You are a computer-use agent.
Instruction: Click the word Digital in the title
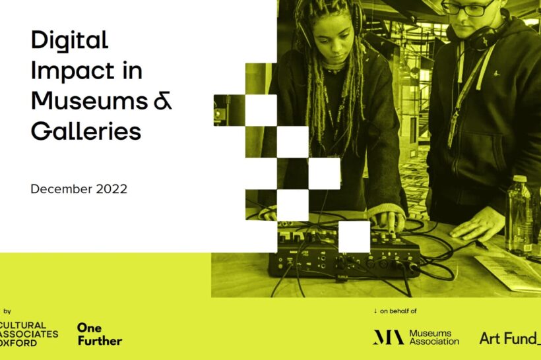[70, 41]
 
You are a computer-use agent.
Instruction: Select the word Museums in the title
[89, 101]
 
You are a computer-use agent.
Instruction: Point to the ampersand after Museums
[163, 102]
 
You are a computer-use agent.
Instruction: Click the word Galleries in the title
[86, 131]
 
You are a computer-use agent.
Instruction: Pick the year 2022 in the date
[111, 189]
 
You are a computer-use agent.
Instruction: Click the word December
[61, 189]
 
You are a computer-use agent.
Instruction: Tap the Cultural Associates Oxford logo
[28, 334]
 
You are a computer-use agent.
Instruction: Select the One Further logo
[100, 334]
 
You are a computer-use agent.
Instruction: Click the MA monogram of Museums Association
[389, 337]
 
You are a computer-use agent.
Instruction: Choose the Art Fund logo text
[510, 339]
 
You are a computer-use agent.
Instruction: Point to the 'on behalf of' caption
[398, 311]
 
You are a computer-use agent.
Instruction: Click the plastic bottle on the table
[519, 216]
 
